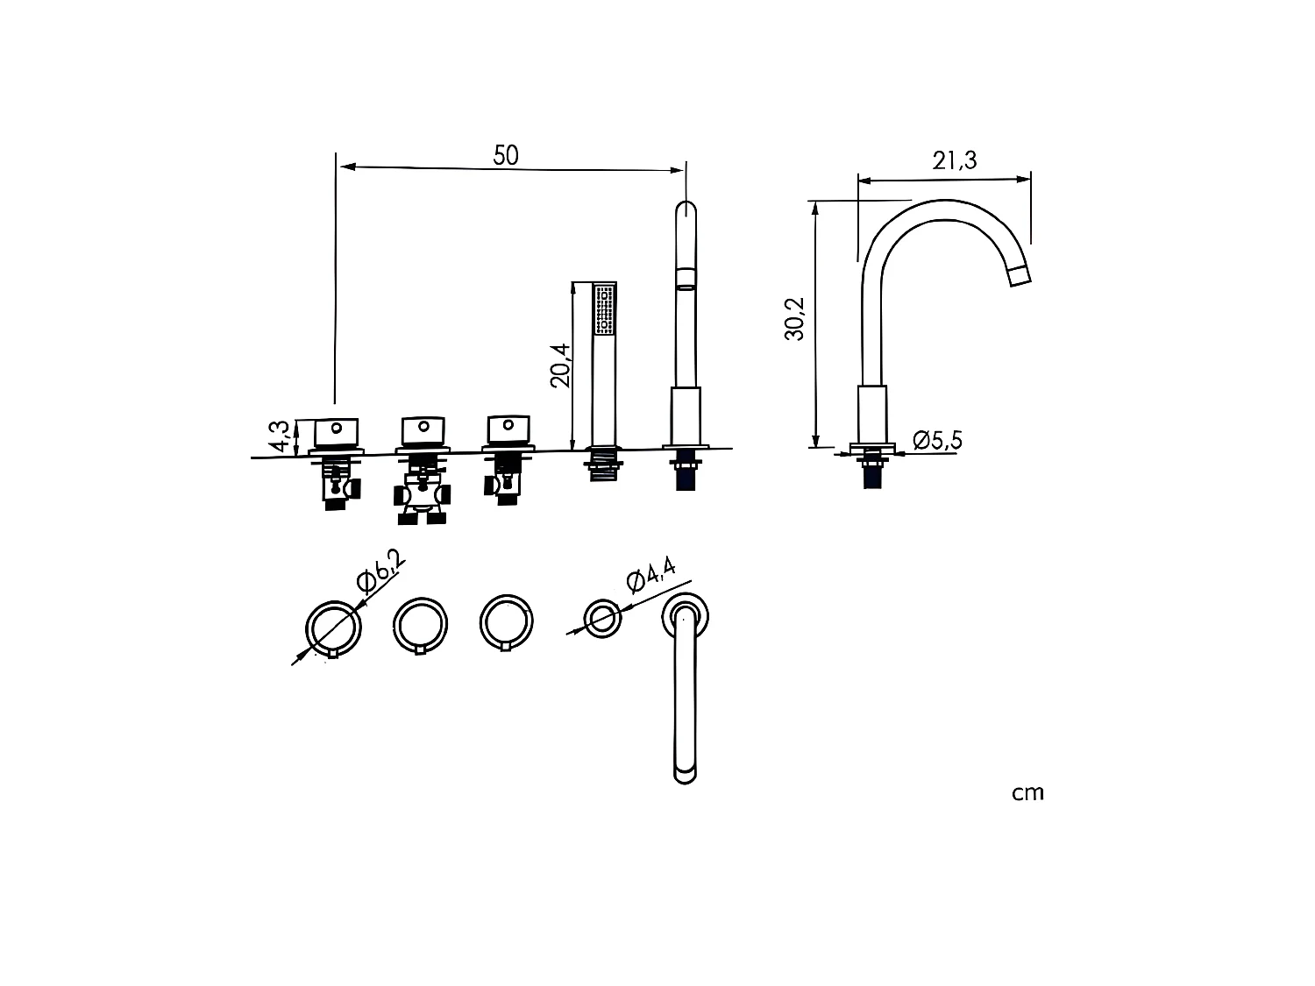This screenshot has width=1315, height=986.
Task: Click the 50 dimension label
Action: (506, 155)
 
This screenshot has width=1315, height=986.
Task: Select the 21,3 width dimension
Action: (955, 160)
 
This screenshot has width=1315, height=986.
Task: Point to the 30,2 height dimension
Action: (794, 319)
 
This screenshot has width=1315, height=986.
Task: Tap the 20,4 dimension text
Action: (561, 365)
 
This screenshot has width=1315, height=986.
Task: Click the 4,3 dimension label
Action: (280, 436)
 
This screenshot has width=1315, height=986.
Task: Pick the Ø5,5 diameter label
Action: (937, 440)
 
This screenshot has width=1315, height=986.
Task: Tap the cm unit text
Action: (1027, 793)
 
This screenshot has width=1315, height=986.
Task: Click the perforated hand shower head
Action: (605, 309)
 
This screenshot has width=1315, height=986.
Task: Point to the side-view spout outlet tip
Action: (1019, 276)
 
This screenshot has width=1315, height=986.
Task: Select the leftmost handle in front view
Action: (334, 431)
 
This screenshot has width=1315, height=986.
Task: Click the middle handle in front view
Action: (423, 430)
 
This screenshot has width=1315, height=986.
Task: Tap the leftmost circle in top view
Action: (333, 628)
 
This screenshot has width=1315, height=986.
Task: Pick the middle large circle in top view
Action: (422, 624)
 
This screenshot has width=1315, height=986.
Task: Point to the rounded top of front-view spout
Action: (686, 212)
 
